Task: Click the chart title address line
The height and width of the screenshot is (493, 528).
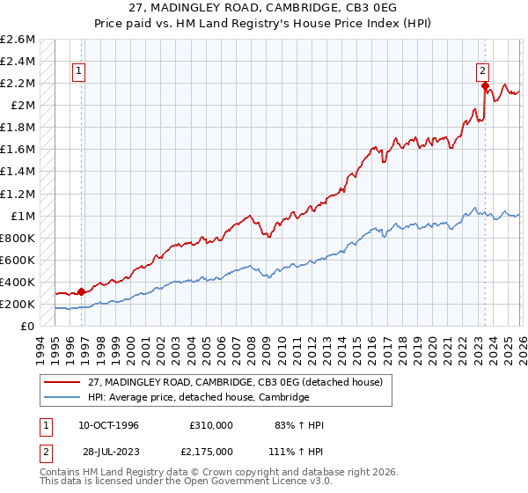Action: coord(264,8)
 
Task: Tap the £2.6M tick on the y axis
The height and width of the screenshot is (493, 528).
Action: coord(18,40)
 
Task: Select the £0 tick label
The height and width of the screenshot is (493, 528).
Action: coord(27,326)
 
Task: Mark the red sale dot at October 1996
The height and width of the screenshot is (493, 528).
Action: coord(82,291)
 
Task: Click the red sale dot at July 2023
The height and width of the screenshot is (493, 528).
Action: coord(484,85)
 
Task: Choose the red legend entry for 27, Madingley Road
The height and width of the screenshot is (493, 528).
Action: coord(224,382)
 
